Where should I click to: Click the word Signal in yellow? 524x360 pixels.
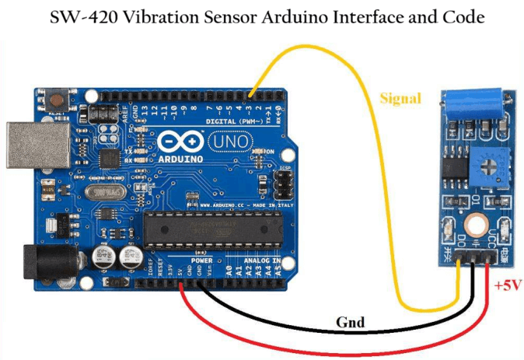400,99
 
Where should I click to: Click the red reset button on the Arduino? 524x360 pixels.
58,100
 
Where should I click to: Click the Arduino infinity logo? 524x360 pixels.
176,143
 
